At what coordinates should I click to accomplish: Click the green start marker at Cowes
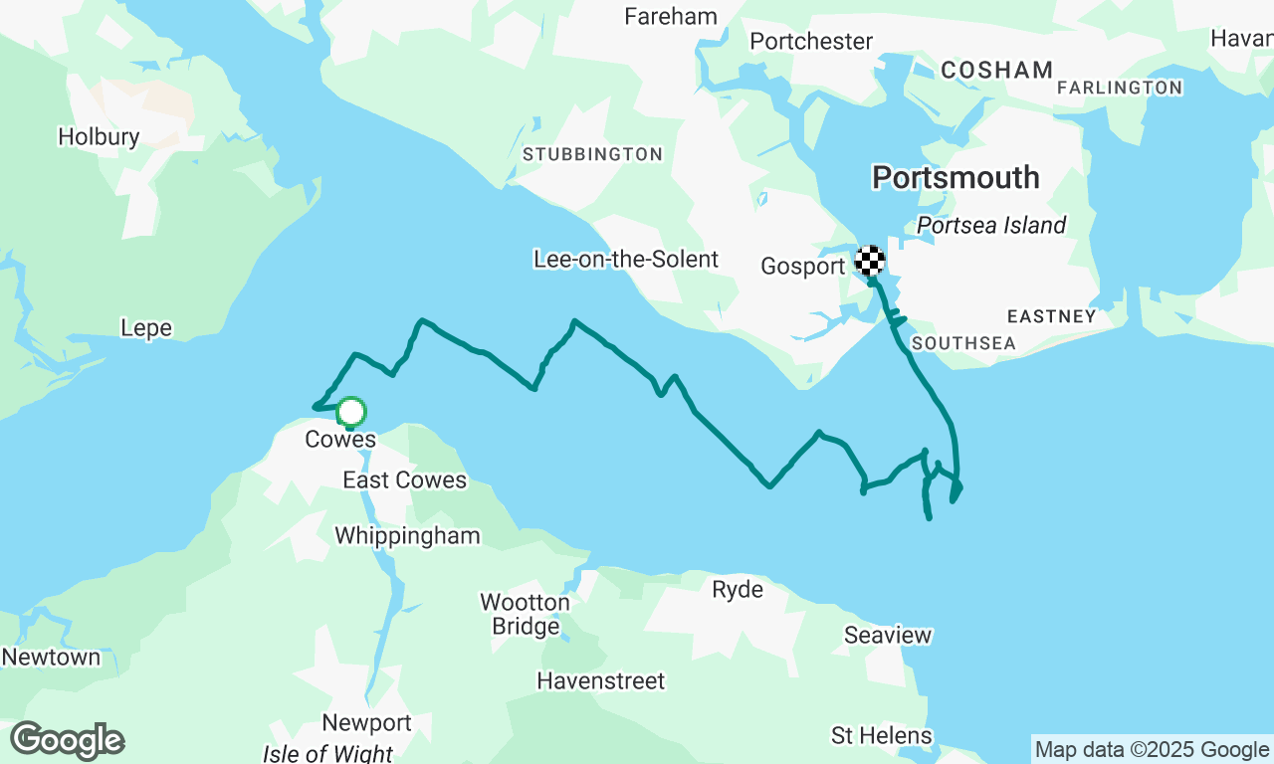pos(350,412)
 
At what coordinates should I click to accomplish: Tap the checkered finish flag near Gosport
pos(870,262)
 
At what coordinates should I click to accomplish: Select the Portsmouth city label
pos(955,178)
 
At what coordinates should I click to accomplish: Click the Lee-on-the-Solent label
pos(626,260)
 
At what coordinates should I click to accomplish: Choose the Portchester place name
pos(811,42)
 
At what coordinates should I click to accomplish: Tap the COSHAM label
pos(996,70)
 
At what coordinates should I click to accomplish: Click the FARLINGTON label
pos(1120,89)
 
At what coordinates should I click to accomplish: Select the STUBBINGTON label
pos(592,154)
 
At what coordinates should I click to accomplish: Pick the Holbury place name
pos(99,137)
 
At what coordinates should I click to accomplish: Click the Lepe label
pos(146,328)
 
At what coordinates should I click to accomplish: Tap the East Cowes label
pos(404,480)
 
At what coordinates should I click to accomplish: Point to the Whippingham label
pos(407,536)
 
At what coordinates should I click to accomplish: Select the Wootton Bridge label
pos(526,615)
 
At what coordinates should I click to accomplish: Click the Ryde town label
pos(738,590)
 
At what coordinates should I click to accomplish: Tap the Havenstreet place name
pos(600,681)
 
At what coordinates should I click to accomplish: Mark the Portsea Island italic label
pos(991,226)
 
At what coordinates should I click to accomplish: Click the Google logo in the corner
pos(67,741)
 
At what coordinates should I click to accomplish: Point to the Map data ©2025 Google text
pos(1152,749)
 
